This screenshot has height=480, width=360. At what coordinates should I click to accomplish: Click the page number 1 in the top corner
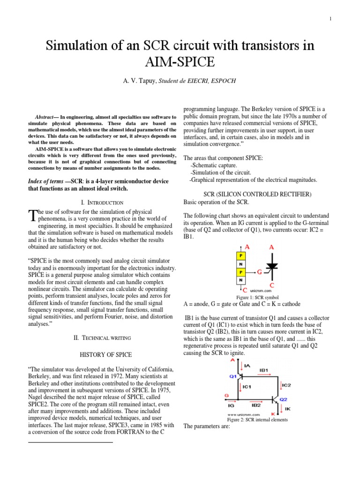(330, 19)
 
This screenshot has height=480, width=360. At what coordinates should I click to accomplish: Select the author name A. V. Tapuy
(139, 81)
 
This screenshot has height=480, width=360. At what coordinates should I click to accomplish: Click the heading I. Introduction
(102, 202)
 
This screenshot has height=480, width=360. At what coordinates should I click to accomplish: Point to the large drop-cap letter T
(32, 216)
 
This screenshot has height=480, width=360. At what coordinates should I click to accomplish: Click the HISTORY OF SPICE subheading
(102, 354)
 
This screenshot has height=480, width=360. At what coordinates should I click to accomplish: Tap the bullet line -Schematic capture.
(214, 166)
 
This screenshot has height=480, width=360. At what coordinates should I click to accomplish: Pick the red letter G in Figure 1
(259, 271)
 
